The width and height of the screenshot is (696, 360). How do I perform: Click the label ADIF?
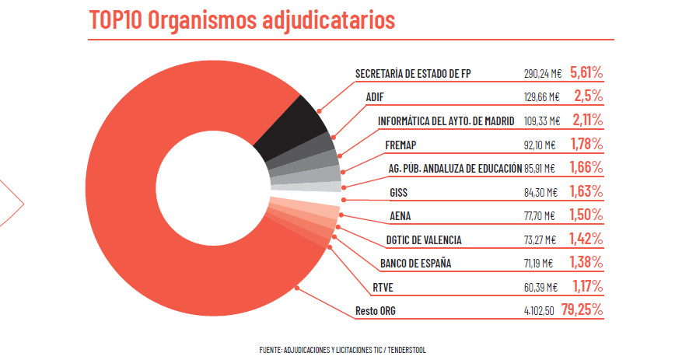pos(375,97)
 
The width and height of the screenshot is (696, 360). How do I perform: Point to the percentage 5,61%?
pos(586,73)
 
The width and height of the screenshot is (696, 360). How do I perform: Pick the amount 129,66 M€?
pos(542,97)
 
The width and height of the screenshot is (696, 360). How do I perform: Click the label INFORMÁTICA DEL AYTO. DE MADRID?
pos(446,121)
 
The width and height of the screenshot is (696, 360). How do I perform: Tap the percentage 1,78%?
pos(586,144)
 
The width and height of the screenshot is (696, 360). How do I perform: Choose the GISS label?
pos(398,192)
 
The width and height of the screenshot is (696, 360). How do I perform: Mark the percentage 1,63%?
pos(586,191)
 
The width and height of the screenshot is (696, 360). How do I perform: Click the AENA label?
pos(400,215)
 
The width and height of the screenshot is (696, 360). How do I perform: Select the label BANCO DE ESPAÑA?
pos(415,264)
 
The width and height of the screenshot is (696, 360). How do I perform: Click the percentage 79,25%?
pos(582,311)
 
